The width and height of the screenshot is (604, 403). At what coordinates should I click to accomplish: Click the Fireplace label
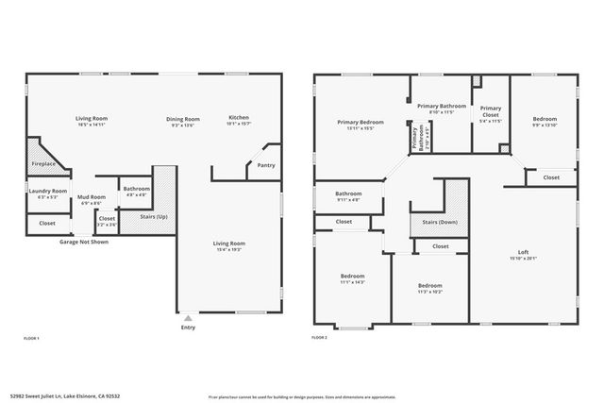pyautogui.click(x=43, y=164)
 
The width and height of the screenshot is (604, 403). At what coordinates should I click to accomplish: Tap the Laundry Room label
pyautogui.click(x=47, y=191)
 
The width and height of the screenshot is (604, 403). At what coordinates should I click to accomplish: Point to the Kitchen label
pyautogui.click(x=239, y=118)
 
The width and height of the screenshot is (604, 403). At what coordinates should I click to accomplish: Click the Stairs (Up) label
pyautogui.click(x=153, y=216)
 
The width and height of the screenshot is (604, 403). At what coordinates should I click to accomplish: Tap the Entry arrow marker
pyautogui.click(x=188, y=318)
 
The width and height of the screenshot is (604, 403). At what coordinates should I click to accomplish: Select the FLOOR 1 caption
pyautogui.click(x=32, y=337)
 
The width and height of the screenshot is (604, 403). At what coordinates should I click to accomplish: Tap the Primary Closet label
pyautogui.click(x=490, y=109)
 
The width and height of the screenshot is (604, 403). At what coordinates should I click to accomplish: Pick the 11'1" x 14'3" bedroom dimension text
pyautogui.click(x=352, y=282)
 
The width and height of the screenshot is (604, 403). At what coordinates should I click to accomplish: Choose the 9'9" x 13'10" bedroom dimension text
pyautogui.click(x=545, y=126)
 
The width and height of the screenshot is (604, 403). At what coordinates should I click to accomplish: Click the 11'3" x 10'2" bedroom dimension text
pyautogui.click(x=430, y=292)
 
